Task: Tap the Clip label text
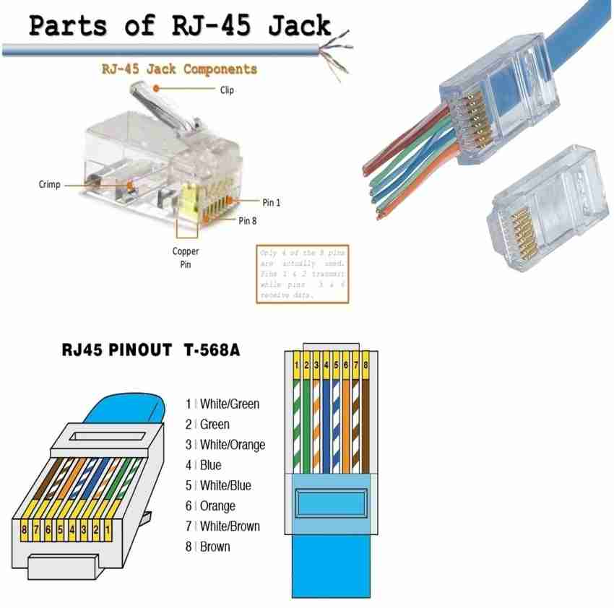pyautogui.click(x=227, y=90)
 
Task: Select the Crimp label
pyautogui.click(x=49, y=185)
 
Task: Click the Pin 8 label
pyautogui.click(x=247, y=220)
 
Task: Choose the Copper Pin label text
pyautogui.click(x=185, y=258)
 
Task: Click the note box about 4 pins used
pyautogui.click(x=303, y=275)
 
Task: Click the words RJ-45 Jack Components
pyautogui.click(x=178, y=69)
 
